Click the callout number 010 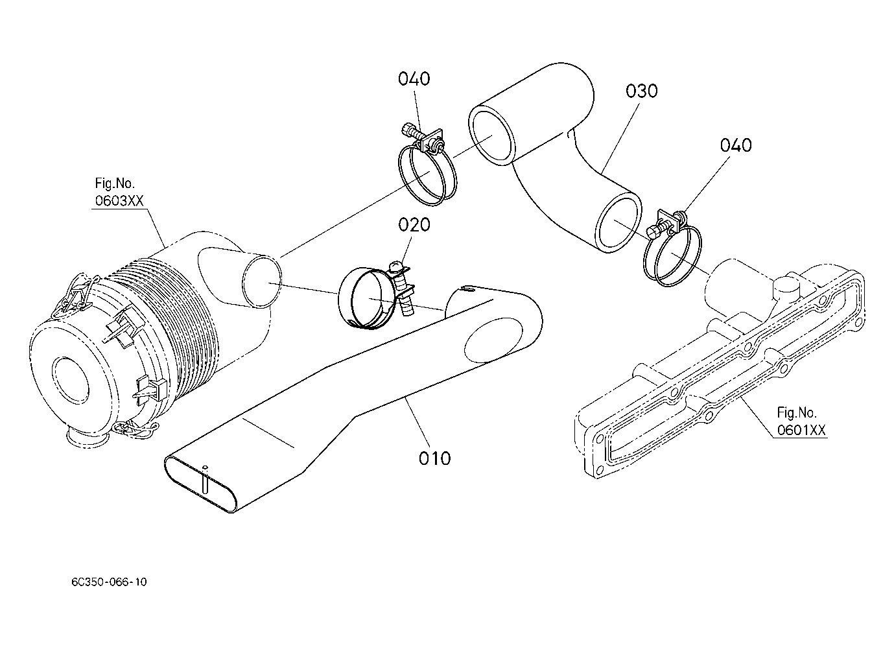(x=434, y=458)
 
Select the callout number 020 (x=414, y=225)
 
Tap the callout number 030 (x=641, y=91)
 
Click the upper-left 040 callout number (x=414, y=78)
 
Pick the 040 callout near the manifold (x=736, y=145)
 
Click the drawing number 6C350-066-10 (x=109, y=582)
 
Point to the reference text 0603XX (x=119, y=200)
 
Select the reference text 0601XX (x=801, y=430)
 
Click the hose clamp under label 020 (x=377, y=296)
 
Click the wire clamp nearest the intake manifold (x=672, y=248)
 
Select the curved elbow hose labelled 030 (x=555, y=158)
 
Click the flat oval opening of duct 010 (x=202, y=484)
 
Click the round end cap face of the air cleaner (x=72, y=379)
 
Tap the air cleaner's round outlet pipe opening (x=262, y=281)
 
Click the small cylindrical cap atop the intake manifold (x=786, y=289)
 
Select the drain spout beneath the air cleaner (x=87, y=437)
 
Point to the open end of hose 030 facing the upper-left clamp (x=491, y=136)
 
